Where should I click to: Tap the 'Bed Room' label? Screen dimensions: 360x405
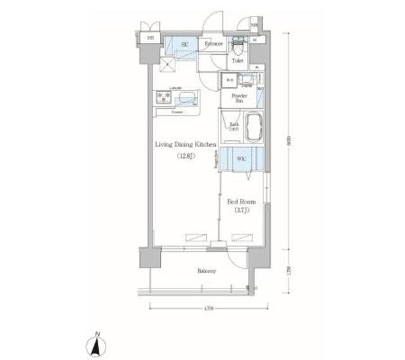[240, 202]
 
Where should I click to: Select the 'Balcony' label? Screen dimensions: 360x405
[206, 271]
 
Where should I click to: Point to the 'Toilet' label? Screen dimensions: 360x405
[237, 61]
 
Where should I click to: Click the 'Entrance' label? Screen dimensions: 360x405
[215, 44]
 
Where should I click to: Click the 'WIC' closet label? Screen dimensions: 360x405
[241, 159]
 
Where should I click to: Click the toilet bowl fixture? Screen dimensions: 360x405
[239, 46]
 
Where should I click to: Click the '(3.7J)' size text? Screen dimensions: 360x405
[240, 211]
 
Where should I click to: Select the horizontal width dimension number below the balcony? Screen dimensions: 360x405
[209, 308]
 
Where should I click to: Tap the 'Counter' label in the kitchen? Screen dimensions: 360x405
[177, 113]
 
